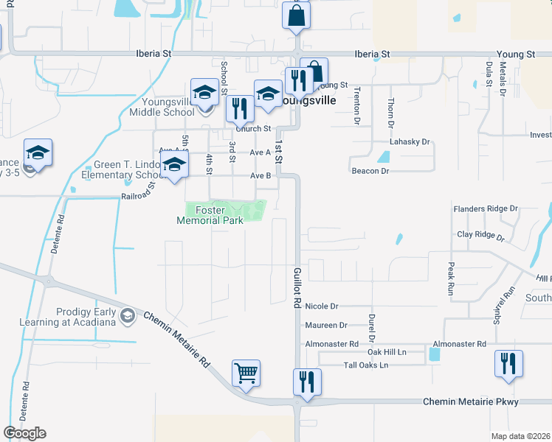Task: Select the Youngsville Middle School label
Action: (x=162, y=108)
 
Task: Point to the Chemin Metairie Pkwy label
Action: (x=470, y=401)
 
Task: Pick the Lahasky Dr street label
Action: (x=410, y=141)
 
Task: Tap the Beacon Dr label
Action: (x=370, y=171)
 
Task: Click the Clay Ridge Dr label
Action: (x=480, y=237)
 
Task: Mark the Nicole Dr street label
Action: (x=321, y=306)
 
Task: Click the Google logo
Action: (x=24, y=433)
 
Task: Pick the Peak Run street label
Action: (x=450, y=278)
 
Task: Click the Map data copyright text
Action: (x=520, y=436)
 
